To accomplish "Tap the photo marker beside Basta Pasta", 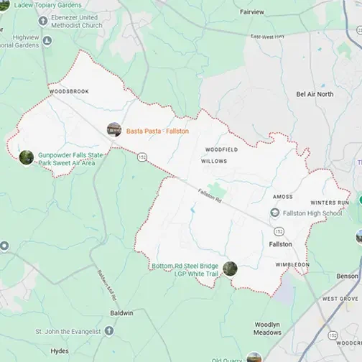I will (113, 130).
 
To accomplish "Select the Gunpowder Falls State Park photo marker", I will (27, 157).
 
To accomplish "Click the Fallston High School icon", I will (274, 213).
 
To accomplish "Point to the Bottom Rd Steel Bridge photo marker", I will (230, 269).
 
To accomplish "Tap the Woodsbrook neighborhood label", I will (69, 93).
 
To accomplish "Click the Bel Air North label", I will (315, 94).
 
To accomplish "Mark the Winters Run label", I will (328, 203).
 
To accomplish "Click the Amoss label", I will (282, 196).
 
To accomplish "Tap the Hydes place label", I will (60, 351).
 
